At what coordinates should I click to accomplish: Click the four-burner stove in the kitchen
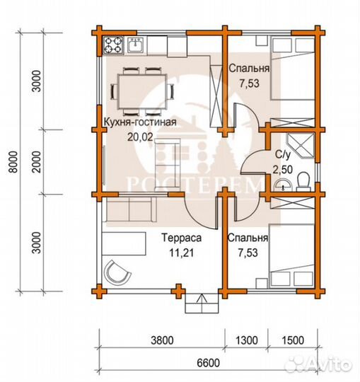pos(113,45)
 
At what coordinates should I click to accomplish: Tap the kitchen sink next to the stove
pos(135,45)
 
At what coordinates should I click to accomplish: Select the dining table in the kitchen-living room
pos(142,91)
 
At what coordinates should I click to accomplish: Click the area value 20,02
pos(141,137)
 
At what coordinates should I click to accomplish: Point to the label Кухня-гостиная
pos(140,122)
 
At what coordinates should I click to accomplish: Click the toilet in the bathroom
pos(303,182)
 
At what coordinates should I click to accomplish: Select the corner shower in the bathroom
pos(301,146)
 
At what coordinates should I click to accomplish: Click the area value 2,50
pos(282,170)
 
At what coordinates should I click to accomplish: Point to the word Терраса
pos(182,238)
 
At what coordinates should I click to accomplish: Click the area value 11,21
pos(182,253)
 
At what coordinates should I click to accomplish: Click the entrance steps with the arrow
pos(202,303)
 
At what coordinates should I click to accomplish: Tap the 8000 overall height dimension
pos(14,162)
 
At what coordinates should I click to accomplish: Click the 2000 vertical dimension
pos(37,162)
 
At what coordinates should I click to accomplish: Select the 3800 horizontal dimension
pos(162,340)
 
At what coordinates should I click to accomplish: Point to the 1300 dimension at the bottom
pos(247,340)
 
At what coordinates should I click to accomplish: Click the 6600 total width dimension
pos(208,363)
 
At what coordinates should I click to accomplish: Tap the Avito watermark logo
pos(318,364)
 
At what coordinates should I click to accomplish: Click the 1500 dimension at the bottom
pos(293,340)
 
